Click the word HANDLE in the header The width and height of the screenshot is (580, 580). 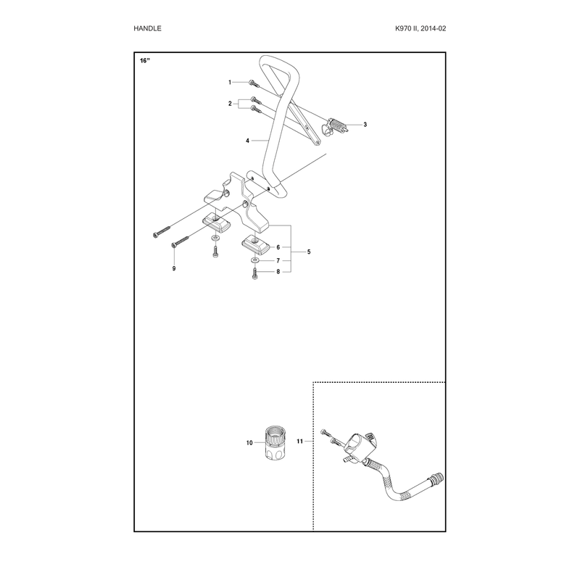[147, 28]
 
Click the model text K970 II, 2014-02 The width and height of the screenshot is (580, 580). [420, 28]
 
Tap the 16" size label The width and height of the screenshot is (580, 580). [145, 61]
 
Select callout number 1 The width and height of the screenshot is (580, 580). [230, 82]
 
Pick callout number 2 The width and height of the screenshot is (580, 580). [230, 104]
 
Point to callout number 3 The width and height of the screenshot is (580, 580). [365, 125]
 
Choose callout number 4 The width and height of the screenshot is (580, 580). [247, 141]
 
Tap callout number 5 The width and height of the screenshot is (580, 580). [309, 252]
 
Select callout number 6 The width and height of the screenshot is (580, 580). [278, 247]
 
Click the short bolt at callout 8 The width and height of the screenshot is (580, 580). [255, 273]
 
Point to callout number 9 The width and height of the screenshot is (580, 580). [174, 268]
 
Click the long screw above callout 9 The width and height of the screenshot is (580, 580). [180, 242]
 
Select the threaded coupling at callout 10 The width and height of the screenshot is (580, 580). [275, 443]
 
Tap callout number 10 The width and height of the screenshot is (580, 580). [249, 443]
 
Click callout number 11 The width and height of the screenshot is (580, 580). [299, 442]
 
